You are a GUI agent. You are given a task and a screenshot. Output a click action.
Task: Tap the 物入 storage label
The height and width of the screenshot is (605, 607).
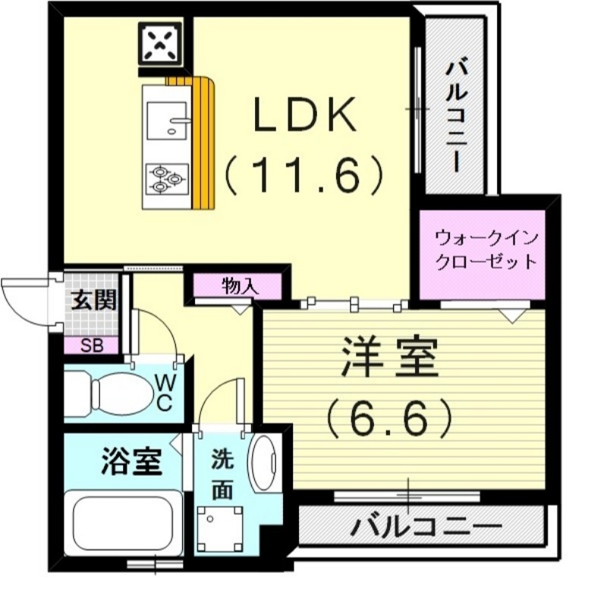240,286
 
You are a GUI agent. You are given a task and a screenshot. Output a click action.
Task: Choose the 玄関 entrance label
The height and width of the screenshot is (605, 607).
94,301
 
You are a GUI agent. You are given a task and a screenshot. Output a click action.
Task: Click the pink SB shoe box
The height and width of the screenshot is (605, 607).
93,345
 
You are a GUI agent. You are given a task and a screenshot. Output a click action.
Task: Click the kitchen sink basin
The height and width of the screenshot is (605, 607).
168,122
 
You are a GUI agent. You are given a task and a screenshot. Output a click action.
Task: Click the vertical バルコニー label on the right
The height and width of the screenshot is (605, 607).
454,114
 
